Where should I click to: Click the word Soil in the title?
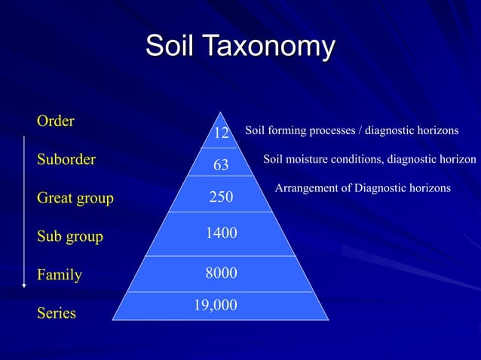pyautogui.click(x=169, y=46)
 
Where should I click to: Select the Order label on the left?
pyautogui.click(x=55, y=121)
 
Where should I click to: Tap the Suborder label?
pyautogui.click(x=66, y=160)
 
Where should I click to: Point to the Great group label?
pyautogui.click(x=75, y=198)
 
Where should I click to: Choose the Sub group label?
pyautogui.click(x=69, y=237)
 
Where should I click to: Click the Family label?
pyautogui.click(x=59, y=275)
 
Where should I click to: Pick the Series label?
pyautogui.click(x=56, y=313)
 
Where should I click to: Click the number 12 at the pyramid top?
pyautogui.click(x=221, y=134)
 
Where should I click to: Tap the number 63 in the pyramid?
pyautogui.click(x=221, y=165)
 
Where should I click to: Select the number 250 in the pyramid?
pyautogui.click(x=221, y=197)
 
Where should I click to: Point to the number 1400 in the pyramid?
pyautogui.click(x=222, y=234)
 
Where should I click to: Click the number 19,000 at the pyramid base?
pyautogui.click(x=216, y=305)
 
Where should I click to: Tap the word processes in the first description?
pyautogui.click(x=332, y=131)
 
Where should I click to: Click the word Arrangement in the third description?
pyautogui.click(x=305, y=188)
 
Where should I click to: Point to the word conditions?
pyautogui.click(x=357, y=160)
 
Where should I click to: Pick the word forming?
pyautogui.click(x=286, y=131)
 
